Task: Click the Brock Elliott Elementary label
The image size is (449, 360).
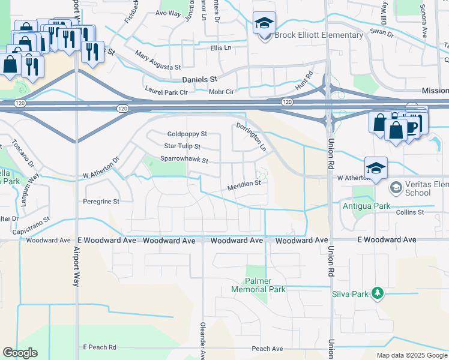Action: coord(319,35)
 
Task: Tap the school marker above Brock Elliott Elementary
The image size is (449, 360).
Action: coord(264,23)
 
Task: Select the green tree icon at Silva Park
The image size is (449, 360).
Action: coord(378,293)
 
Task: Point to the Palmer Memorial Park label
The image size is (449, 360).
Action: coord(258,285)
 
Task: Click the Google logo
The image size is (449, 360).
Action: coord(20,353)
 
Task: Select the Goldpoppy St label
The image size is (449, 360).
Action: coord(187,134)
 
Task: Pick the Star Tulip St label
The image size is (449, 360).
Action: coord(182,146)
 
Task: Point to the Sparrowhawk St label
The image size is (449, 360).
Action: coord(184,160)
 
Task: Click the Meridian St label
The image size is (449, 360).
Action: coord(243,187)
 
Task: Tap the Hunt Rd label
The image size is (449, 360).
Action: coord(305,82)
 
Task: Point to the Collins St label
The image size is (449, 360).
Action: coord(410,212)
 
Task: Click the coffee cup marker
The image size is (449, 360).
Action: coord(412,126)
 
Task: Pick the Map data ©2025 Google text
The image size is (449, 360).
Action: coord(411,355)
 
